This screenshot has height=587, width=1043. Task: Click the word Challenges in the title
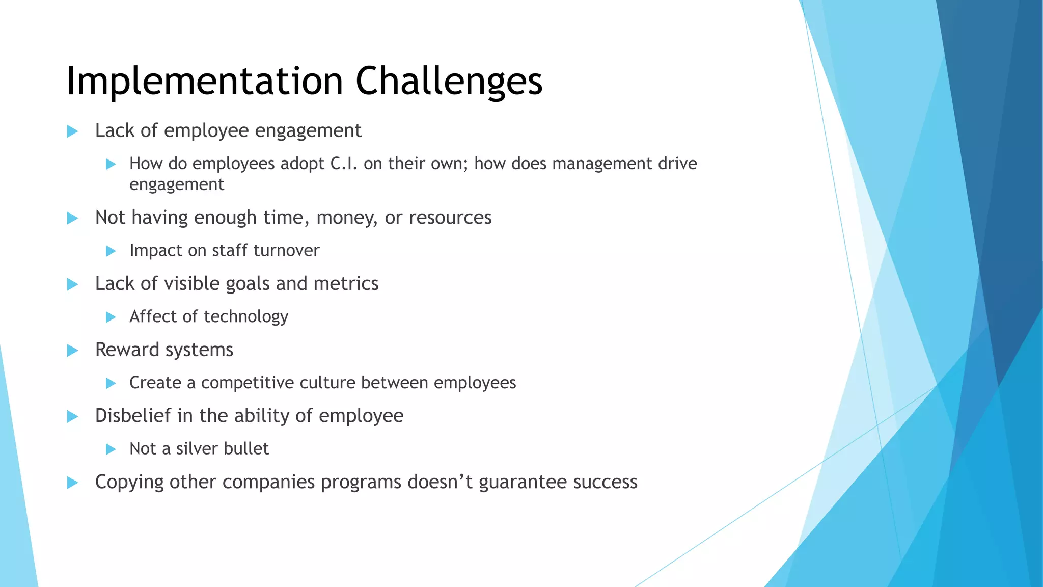pos(449,82)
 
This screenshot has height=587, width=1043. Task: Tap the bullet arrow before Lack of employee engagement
pos(72,131)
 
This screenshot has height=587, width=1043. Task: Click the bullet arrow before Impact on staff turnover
pos(111,251)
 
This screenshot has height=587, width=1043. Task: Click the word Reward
pos(127,350)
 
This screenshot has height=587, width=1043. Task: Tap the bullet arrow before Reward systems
pos(72,351)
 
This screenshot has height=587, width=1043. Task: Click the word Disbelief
pos(133,416)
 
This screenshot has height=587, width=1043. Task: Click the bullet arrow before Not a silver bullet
pos(111,449)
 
